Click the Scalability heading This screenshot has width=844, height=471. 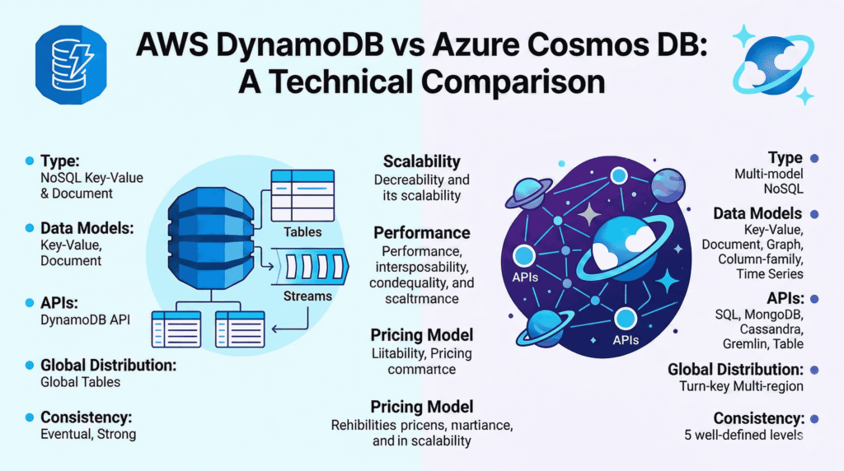421,161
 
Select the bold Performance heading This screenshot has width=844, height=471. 421,233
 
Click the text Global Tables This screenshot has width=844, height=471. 80,382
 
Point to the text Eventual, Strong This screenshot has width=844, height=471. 88,434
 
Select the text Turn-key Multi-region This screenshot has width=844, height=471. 741,386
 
